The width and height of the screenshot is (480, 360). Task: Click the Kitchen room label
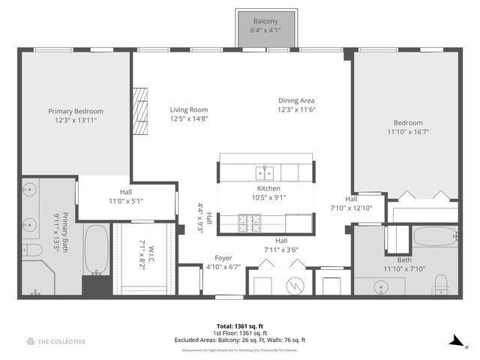click(268, 188)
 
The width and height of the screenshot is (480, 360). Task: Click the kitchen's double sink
click(264, 171)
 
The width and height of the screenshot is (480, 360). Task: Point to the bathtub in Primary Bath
click(96, 249)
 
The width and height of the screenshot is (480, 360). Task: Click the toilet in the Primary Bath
click(31, 251)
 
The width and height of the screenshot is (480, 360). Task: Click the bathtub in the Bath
click(434, 237)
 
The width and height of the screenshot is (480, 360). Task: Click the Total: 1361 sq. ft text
click(239, 326)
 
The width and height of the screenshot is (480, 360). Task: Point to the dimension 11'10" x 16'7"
click(408, 132)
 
